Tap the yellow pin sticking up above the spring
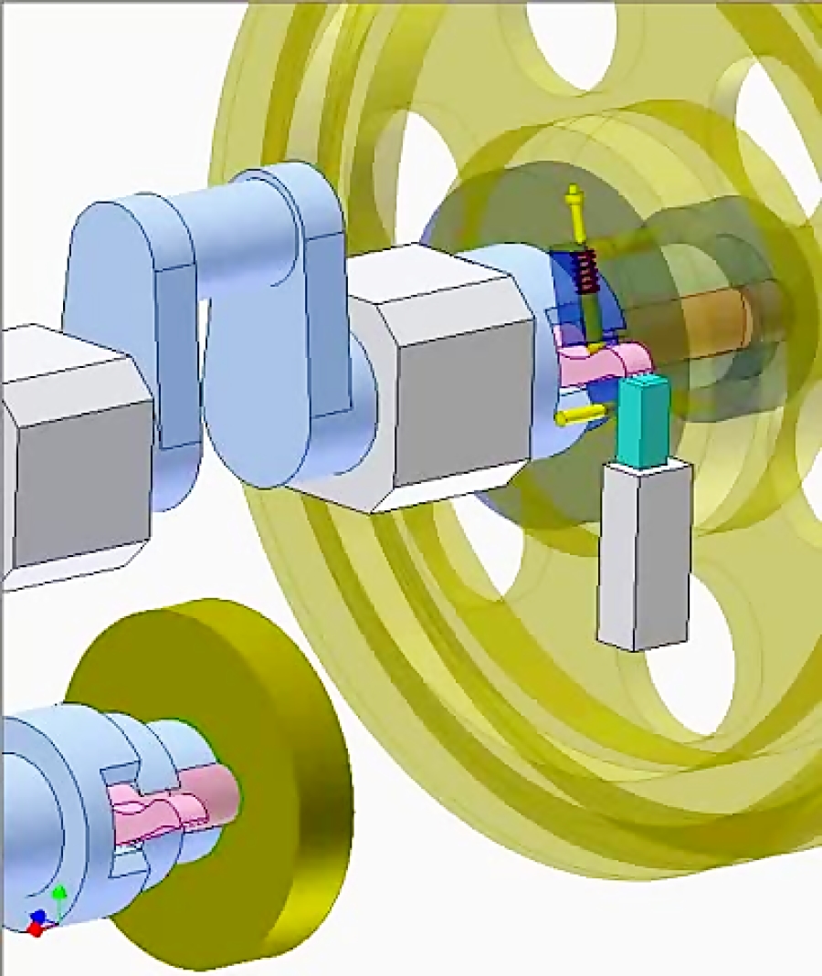(x=574, y=205)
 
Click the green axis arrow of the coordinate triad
(x=59, y=899)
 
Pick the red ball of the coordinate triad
(x=35, y=929)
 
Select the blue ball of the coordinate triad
(x=38, y=917)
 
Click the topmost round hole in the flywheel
(x=571, y=41)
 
